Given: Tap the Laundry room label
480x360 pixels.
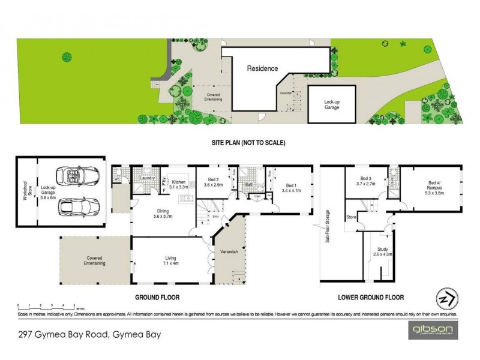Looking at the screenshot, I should [x=148, y=178].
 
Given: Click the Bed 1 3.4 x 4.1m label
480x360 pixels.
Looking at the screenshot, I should [x=291, y=188].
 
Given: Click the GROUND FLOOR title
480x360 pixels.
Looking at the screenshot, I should [x=157, y=296].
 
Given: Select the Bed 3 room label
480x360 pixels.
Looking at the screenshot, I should [x=365, y=181].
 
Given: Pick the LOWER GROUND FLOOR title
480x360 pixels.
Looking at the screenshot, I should [x=372, y=296].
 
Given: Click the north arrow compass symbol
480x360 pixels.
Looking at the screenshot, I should [x=443, y=298].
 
